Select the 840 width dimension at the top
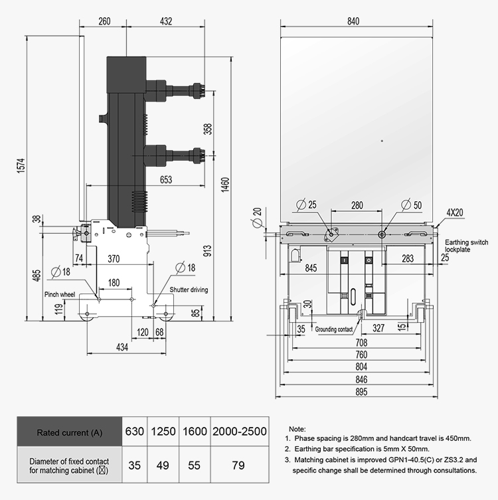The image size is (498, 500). click(353, 21)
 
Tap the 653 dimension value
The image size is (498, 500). click(165, 181)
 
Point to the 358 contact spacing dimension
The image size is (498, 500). click(207, 127)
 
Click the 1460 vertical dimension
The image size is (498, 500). click(225, 182)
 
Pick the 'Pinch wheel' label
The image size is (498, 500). click(60, 294)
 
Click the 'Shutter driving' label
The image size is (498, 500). click(189, 290)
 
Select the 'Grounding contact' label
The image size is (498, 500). click(334, 329)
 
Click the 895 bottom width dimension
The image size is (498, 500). click(361, 392)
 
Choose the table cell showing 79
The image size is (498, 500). click(239, 465)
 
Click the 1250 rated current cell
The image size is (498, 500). click(163, 432)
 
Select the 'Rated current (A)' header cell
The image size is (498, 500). click(69, 432)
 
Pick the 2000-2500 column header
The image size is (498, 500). click(239, 432)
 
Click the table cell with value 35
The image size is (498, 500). click(134, 465)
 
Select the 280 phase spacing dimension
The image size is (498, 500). click(357, 206)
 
